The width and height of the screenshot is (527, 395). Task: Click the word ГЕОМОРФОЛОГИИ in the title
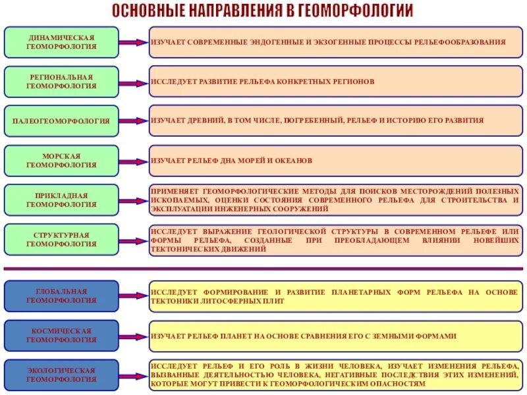point(356,11)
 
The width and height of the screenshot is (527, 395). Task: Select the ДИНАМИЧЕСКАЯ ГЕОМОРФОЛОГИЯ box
point(61,42)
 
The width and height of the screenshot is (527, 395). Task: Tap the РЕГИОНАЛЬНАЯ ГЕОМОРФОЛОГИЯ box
point(61,82)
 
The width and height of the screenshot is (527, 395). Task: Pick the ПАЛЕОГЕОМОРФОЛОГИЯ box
point(61,121)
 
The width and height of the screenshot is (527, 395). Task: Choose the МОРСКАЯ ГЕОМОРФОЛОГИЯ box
point(61,161)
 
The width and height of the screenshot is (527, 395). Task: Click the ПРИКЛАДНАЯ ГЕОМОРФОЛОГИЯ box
point(61,200)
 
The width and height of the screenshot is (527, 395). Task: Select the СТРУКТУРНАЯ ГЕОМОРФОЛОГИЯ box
point(61,240)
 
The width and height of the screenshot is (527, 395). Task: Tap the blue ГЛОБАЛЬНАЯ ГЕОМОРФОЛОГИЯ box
point(61,296)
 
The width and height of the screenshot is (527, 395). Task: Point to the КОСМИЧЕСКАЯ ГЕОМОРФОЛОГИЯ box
point(61,336)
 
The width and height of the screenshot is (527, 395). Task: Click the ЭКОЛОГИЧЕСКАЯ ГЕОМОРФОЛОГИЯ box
point(61,375)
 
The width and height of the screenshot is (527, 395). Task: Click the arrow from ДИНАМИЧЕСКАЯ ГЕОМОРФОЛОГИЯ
point(134,42)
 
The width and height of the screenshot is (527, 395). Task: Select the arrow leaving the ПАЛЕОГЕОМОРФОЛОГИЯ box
point(134,121)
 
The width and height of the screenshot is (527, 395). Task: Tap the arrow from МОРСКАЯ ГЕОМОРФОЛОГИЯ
point(134,161)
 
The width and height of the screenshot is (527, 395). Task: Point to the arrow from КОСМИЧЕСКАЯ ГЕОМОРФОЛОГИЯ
point(134,336)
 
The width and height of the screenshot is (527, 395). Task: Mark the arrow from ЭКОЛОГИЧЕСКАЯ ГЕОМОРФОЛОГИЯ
point(134,375)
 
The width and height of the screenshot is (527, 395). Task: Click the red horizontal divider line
point(263,269)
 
